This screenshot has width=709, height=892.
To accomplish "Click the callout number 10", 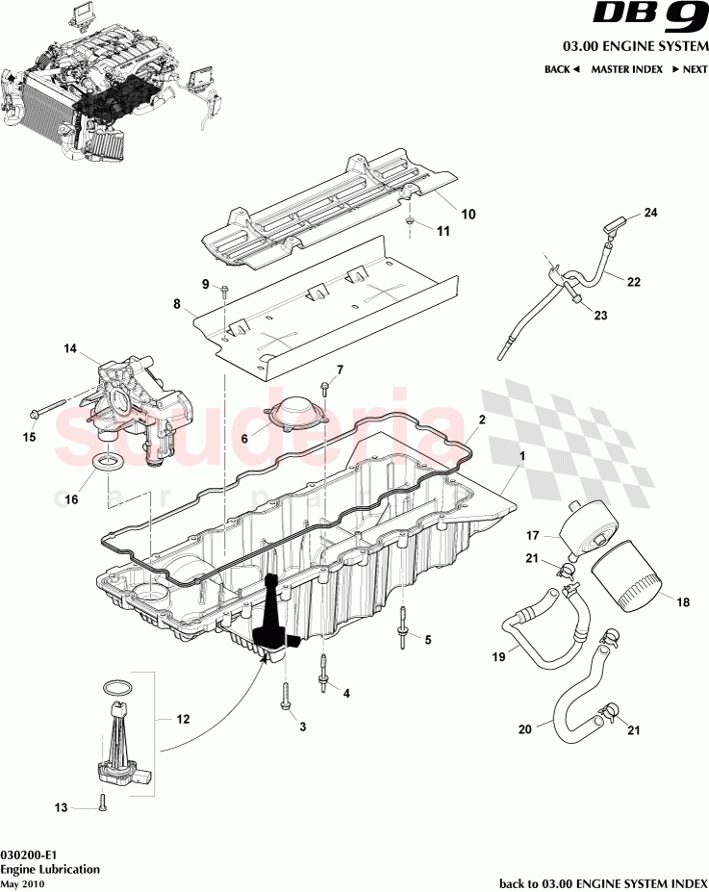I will pos(468,216).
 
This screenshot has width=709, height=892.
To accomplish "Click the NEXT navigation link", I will pos(689,69).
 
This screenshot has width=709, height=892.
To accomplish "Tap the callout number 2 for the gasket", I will pos(482,420).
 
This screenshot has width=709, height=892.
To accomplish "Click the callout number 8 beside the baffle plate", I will pos(176,304).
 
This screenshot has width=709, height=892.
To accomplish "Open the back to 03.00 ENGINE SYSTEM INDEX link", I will pos(603,882).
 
